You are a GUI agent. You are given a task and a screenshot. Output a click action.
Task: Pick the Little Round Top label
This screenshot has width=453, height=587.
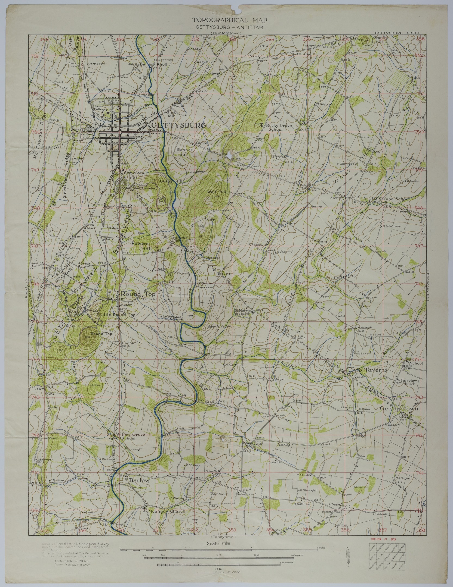(x=118, y=315)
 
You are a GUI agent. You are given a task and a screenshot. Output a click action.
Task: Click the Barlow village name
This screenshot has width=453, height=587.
(x=139, y=480)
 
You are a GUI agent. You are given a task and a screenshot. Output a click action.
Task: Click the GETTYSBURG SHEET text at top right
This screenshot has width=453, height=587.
(x=397, y=33)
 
